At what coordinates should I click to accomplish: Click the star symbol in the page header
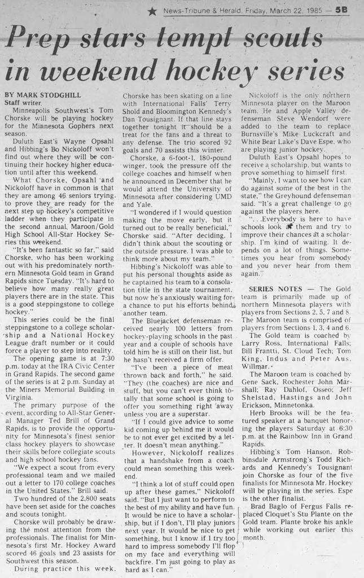point(152,11)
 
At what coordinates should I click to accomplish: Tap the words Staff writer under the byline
point(23,103)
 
